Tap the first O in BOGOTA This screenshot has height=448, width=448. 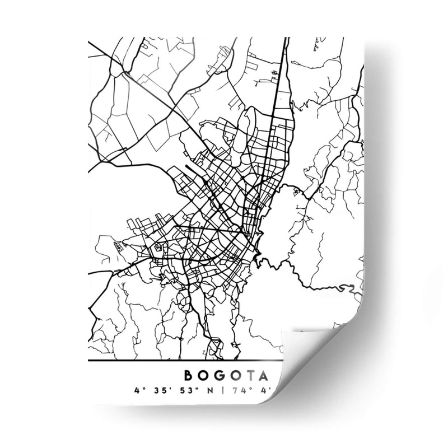click(x=204, y=375)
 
